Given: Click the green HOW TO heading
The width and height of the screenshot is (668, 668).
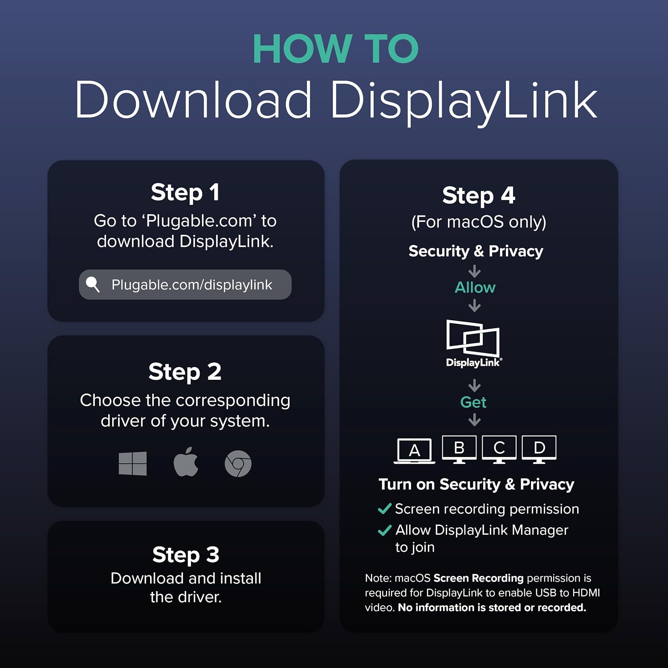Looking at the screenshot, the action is point(336,49).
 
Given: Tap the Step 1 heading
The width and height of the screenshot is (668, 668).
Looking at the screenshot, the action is point(185,193).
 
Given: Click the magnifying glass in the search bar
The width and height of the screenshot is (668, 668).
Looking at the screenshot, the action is point(93,284).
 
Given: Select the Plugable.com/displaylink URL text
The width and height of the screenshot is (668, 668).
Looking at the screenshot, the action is point(191,285).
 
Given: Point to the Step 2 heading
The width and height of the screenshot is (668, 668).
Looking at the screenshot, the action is point(185,372).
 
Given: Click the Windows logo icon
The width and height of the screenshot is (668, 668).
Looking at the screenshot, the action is point(133,464).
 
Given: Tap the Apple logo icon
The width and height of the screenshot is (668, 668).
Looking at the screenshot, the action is point(186,462).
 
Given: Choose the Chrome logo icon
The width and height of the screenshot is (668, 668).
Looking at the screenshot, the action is point(238,464).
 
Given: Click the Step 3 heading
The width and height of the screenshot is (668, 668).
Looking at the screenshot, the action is point(186,555).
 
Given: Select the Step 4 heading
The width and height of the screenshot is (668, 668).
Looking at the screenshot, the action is point(479,196).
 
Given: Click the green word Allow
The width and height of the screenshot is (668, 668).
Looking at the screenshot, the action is point(475,287).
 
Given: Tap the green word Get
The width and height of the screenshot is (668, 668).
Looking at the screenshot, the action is point(473,402).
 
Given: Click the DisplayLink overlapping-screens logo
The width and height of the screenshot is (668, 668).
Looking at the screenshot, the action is point(473,343).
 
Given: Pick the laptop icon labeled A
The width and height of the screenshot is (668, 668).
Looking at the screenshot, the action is point(414,451).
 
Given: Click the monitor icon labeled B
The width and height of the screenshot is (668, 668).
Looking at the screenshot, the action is point(459,449).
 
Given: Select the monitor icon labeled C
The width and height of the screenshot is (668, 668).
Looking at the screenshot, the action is point(499,449).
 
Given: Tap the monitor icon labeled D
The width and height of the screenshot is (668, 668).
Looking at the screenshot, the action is point(539,449).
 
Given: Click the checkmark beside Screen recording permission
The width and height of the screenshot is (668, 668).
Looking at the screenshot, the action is point(384,509).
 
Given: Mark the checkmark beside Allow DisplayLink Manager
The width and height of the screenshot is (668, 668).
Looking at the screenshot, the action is point(384,530).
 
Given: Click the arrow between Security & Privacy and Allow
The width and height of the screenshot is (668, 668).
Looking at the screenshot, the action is point(475,271).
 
